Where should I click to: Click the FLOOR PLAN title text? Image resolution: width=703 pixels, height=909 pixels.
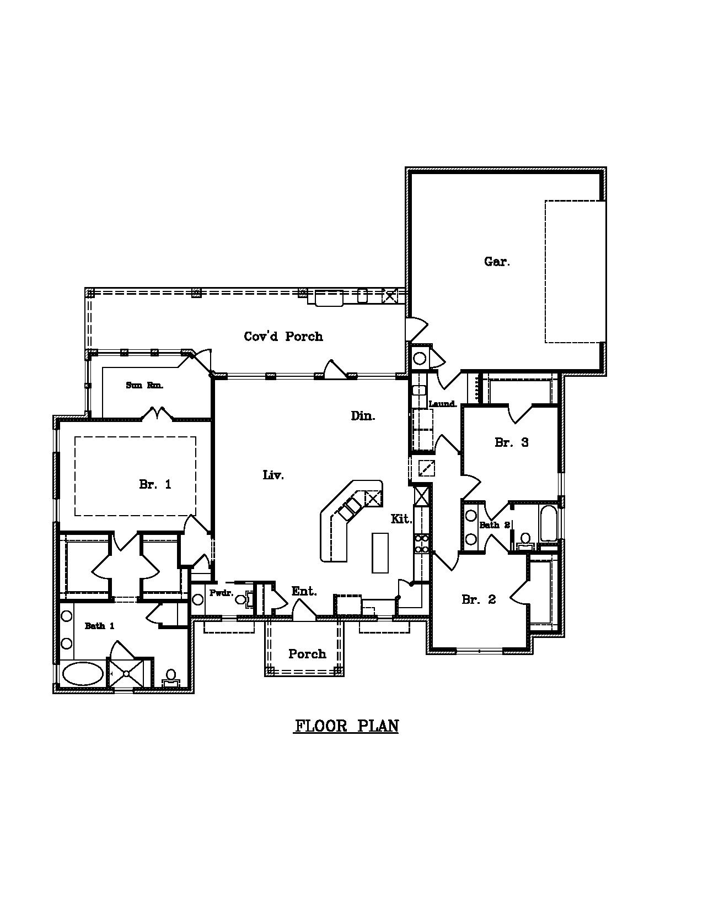pos(346,726)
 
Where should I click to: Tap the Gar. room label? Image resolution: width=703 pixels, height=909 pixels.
pos(497,262)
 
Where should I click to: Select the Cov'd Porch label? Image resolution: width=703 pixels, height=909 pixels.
pos(283,336)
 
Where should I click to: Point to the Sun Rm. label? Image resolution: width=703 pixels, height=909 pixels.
pos(144,385)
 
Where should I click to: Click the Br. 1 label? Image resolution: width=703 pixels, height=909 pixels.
pos(155,484)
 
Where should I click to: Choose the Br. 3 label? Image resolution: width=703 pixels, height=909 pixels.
pos(511,442)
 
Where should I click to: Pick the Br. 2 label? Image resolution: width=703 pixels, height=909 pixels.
pos(479,599)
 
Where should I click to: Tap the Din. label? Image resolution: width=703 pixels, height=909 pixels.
pos(363,416)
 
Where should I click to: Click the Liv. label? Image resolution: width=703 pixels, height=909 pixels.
pos(273,475)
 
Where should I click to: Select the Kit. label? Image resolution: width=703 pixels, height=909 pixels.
pos(401,518)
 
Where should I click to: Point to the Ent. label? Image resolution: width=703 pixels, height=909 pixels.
pos(304,591)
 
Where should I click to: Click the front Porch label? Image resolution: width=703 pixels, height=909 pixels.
pos(307,654)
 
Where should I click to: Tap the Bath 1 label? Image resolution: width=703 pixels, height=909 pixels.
pos(100,626)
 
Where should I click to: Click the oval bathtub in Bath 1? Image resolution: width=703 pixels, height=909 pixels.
pos(83,673)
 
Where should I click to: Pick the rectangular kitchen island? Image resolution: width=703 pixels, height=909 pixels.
pos(380,553)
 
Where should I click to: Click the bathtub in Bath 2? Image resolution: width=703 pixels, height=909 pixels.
pos(548,524)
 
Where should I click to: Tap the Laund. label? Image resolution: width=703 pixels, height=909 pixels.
pos(443,404)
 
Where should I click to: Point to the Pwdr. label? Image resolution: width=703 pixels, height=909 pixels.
pos(221,593)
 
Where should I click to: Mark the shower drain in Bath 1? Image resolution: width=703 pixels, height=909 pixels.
pos(126,673)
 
